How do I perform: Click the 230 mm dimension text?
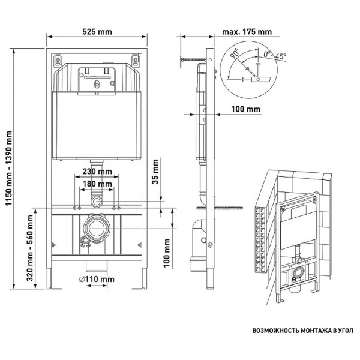(x=97, y=172)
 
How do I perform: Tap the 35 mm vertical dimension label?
(x=155, y=172)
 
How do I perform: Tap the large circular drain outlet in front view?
(x=97, y=227)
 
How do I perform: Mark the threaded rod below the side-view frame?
(x=227, y=208)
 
